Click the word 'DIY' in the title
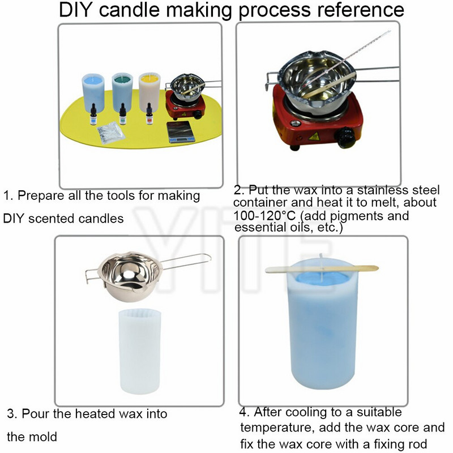[x=76, y=10]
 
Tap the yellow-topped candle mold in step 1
[x=149, y=92]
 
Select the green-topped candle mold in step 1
[x=122, y=92]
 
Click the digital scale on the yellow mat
[x=181, y=132]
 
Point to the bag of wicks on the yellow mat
[x=110, y=133]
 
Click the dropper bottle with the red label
[x=149, y=114]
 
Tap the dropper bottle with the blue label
[x=93, y=114]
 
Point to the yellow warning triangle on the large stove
[x=314, y=136]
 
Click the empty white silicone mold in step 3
[x=140, y=351]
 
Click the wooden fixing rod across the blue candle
[x=322, y=270]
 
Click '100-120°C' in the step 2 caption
[x=264, y=216]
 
